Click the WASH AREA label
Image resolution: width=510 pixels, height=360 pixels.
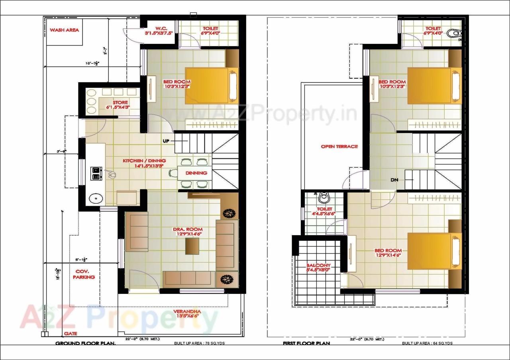coord(64,30)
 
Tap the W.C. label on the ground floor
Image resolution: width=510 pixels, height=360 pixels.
coord(161,29)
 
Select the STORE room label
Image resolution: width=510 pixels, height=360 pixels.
coord(120,102)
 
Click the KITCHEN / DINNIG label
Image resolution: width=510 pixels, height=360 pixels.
coord(144,161)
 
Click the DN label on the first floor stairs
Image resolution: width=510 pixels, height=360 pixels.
coord(394,180)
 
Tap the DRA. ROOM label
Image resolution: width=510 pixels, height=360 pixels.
coord(187,230)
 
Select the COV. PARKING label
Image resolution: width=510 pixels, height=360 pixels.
coord(84,274)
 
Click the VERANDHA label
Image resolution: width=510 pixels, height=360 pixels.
coord(187,311)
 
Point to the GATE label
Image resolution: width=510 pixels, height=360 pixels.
coord(71,333)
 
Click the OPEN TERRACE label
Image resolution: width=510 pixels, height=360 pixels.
coord(339,146)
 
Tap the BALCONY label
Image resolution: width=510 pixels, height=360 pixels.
coord(318,266)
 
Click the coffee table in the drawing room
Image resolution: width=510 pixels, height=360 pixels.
coord(192,247)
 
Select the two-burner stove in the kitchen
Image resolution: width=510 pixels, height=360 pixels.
coord(96,172)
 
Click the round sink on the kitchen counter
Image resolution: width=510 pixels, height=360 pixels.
coord(95,198)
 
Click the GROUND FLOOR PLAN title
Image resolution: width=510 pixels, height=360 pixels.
coord(85,343)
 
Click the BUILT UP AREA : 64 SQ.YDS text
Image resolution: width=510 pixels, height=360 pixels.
coord(427,343)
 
